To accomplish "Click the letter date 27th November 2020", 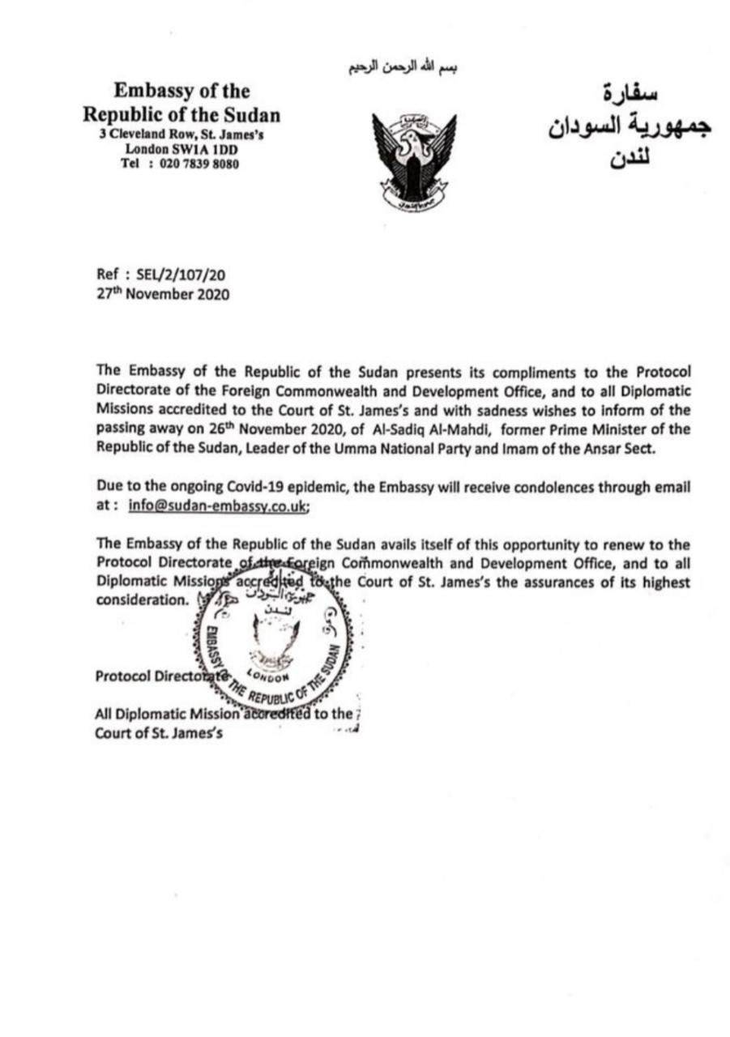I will point(162,294).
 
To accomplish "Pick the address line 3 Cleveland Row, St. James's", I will point(181,135).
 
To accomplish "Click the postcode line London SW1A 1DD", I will point(181,149).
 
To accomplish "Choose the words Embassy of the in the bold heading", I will point(181,92).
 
